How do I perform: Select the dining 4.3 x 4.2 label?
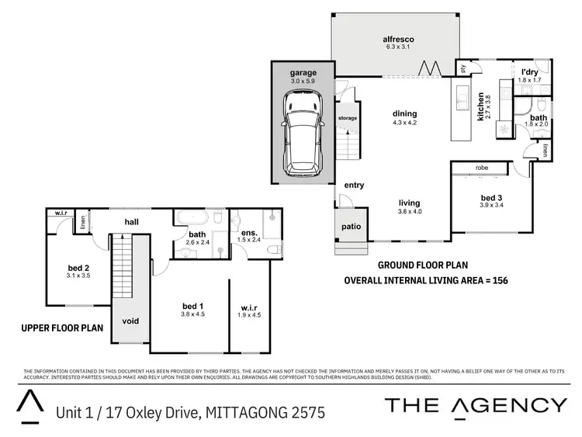pos(405,117)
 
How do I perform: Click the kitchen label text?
pos(481,109)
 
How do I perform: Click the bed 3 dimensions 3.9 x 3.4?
pos(491,204)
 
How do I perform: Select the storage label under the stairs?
pos(348,118)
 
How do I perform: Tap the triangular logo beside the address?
pos(29,404)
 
